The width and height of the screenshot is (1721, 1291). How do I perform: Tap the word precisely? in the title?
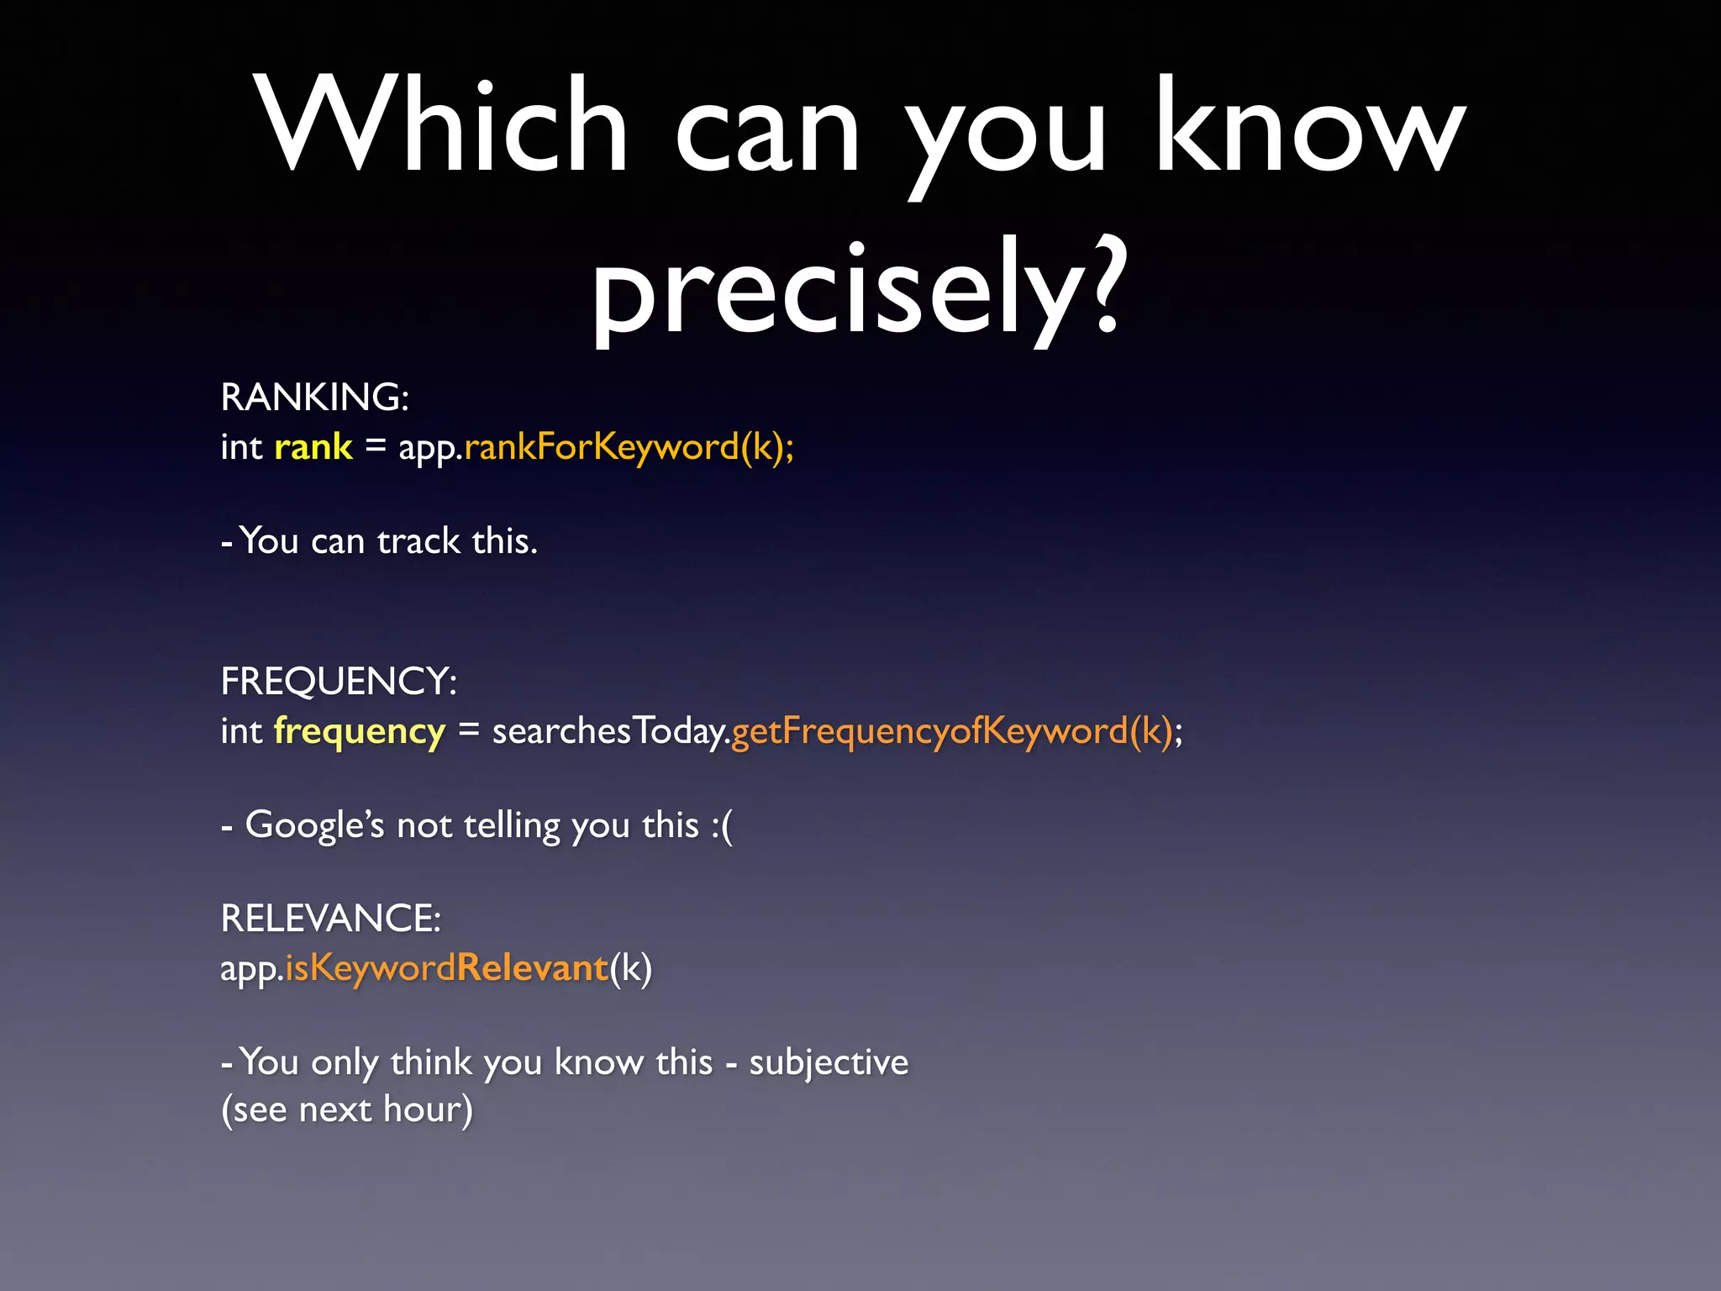point(857,290)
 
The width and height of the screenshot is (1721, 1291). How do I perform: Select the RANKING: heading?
point(314,398)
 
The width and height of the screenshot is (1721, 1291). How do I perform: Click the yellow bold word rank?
point(313,447)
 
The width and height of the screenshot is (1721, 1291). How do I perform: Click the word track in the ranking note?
point(418,541)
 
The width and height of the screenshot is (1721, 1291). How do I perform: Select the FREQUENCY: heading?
point(339,682)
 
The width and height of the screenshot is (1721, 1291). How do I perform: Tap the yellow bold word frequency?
point(359,731)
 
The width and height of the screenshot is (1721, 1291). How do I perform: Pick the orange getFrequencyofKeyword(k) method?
point(951,731)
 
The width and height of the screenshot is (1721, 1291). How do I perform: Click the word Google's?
point(314,825)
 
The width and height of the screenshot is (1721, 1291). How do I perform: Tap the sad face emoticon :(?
point(721,825)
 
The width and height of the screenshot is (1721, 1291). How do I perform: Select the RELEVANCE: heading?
point(330,919)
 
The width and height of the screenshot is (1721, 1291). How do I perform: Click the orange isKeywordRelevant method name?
point(446,968)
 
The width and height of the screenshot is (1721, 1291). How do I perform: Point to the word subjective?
point(829,1062)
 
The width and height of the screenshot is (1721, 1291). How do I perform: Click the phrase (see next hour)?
point(347,1109)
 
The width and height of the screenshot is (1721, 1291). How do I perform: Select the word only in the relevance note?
point(344,1062)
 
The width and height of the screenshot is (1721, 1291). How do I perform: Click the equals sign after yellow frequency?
point(468,731)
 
